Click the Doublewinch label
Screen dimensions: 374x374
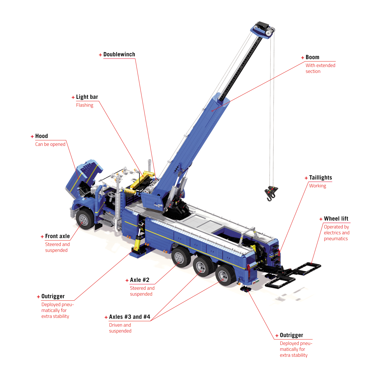point(119,54)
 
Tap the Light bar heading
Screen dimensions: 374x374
point(87,97)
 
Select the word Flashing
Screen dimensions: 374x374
point(85,105)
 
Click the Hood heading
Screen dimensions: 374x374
point(42,136)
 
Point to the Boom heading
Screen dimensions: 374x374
point(312,57)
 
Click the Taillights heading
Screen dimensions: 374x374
point(320,178)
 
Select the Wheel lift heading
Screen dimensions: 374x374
point(336,218)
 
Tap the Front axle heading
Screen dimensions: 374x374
point(57,236)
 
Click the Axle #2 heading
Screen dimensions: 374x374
point(139,280)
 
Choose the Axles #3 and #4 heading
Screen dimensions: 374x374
point(130,317)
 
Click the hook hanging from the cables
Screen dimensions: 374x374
point(271,193)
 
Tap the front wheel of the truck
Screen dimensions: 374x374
point(85,219)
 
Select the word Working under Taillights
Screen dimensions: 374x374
point(318,186)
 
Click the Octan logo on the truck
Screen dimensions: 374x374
point(256,282)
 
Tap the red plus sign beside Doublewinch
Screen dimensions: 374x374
point(100,55)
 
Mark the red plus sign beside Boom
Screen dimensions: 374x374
point(303,58)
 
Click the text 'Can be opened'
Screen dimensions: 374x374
point(50,144)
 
